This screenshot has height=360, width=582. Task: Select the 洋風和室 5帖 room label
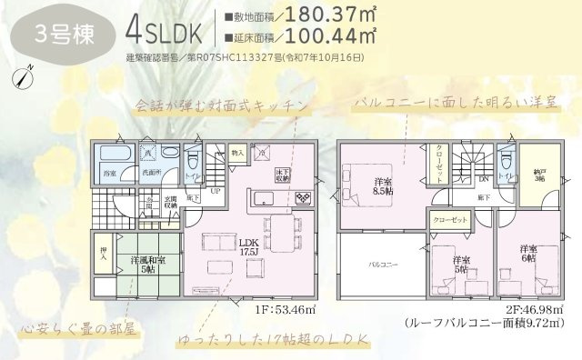[x=141, y=265]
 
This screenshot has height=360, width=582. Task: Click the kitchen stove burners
[x=300, y=196]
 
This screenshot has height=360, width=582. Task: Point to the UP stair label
[x=216, y=191]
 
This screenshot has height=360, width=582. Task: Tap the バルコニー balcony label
[x=379, y=264]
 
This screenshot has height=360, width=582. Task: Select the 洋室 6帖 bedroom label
[x=529, y=254]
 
